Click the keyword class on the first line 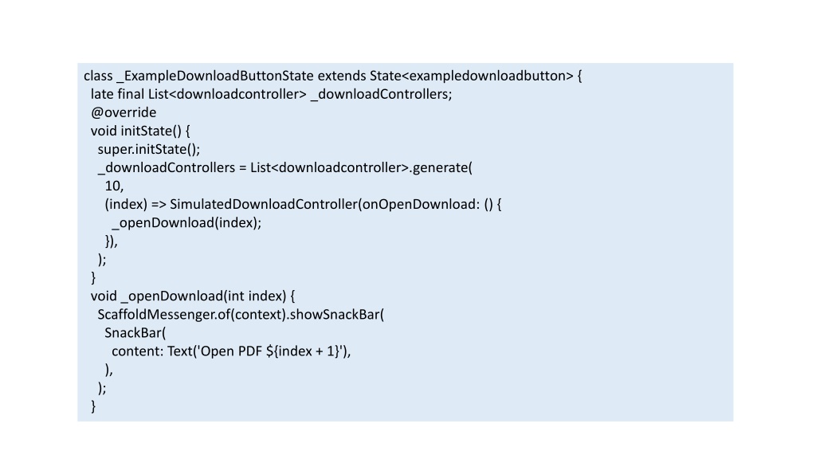coord(98,76)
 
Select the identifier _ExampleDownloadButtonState coord(215,76)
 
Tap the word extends coord(342,76)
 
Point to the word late coord(102,94)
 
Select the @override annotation coord(124,112)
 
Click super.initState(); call coord(149,149)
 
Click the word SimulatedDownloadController coord(264,204)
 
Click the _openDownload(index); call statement coord(186,223)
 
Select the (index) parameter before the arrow coord(126,204)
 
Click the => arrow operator coord(159,205)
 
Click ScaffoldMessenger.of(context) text coord(191,315)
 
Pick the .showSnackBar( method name coord(335,315)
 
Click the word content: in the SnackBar coord(137,351)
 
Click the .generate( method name coord(441,167)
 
